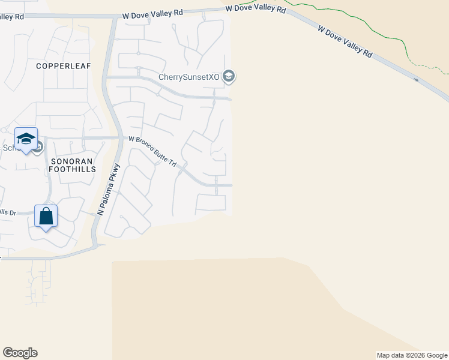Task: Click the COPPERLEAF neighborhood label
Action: tap(63, 65)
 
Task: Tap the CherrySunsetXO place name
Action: tap(189, 77)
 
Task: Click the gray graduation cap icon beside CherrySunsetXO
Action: tap(229, 76)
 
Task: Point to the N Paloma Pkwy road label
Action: tap(110, 189)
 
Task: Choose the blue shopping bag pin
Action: tap(46, 216)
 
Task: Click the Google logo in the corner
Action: tap(20, 353)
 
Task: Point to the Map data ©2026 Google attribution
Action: tap(412, 355)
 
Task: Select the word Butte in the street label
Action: tap(160, 155)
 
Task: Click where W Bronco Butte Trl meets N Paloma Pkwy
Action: tap(120, 138)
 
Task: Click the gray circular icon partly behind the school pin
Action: tap(38, 146)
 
